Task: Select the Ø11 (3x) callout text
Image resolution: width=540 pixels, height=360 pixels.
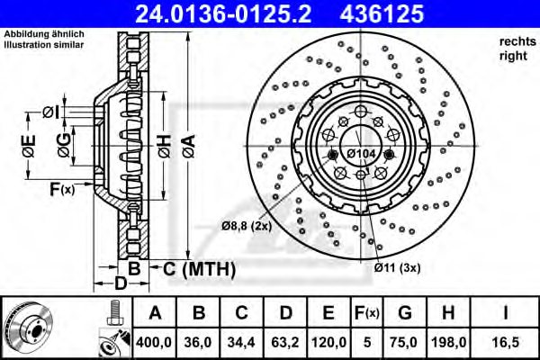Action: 398,267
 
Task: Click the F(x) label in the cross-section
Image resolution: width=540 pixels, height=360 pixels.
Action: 63,189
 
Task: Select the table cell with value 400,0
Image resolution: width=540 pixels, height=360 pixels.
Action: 155,343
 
